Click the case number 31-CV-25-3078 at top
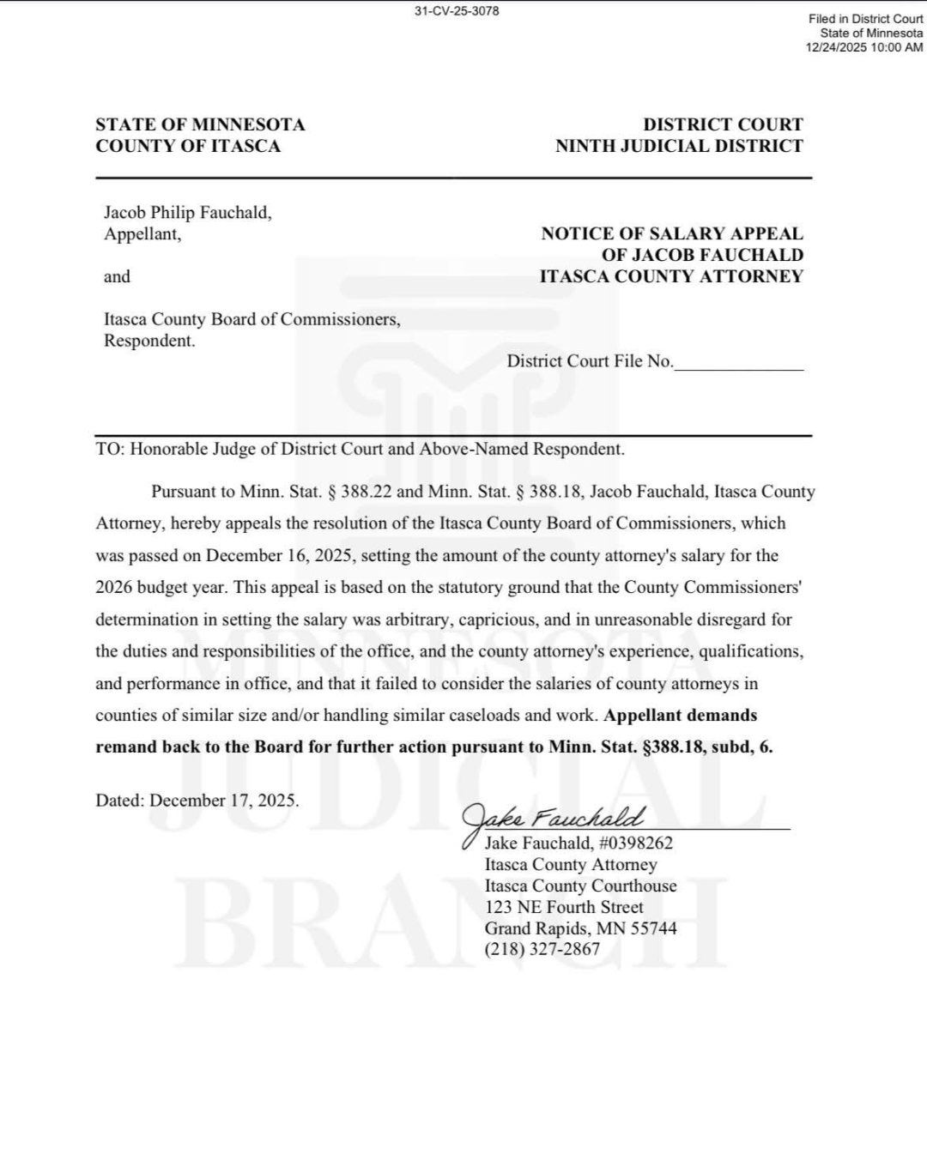(456, 11)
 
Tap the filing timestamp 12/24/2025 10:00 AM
(864, 47)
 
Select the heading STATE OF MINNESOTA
(200, 124)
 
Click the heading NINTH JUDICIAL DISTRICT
(679, 146)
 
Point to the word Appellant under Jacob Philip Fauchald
(142, 234)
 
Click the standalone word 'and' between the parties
(117, 276)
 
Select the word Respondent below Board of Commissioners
(148, 341)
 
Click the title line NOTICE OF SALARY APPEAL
(672, 233)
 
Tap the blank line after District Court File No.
(739, 363)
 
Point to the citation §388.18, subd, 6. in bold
(707, 747)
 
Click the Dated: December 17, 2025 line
(197, 801)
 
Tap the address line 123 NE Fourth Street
(563, 907)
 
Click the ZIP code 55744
(653, 928)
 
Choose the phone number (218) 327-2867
(542, 949)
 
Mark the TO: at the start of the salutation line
(110, 449)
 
